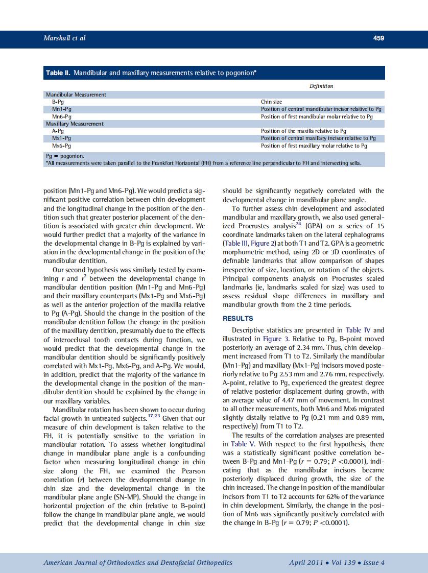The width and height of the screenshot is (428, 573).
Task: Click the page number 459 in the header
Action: tap(378, 38)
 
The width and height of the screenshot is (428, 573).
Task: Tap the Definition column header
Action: tap(321, 86)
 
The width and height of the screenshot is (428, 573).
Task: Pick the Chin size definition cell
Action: tap(271, 102)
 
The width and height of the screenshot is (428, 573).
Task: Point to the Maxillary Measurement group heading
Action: tap(75, 124)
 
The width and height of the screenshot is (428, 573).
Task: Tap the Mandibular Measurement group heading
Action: tap(76, 94)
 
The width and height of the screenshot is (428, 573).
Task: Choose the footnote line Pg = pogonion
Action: tap(65, 156)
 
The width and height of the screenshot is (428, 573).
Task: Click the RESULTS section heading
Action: tap(238, 319)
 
